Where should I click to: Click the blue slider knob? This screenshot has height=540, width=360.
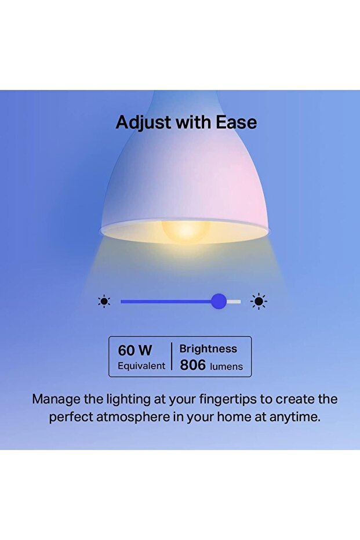219,301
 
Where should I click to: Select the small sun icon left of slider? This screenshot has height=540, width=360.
104,301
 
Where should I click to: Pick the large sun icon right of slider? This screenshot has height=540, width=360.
259,301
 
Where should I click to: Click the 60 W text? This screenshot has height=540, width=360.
135,350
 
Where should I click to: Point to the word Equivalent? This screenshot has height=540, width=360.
141,366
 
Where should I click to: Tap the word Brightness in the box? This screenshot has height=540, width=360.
208,349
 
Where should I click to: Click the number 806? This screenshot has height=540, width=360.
193,365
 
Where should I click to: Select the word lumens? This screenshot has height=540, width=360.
226,366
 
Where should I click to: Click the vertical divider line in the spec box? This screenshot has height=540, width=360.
172,357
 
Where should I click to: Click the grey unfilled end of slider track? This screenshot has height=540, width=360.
234,301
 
